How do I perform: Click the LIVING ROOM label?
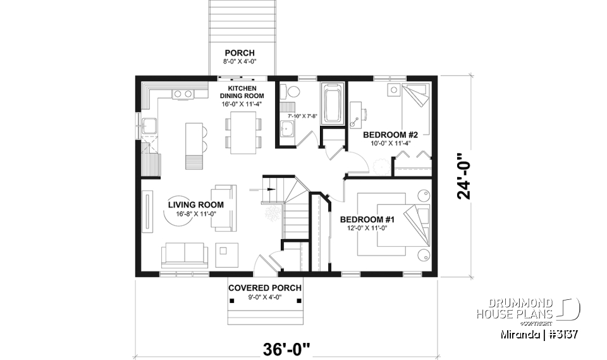point(196,204)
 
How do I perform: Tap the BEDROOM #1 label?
point(367,220)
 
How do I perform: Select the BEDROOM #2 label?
point(387,135)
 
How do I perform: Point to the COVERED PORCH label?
point(265,288)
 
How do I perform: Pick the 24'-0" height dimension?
point(467,175)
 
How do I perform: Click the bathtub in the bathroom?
point(332,103)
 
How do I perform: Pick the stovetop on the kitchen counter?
point(183,94)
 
